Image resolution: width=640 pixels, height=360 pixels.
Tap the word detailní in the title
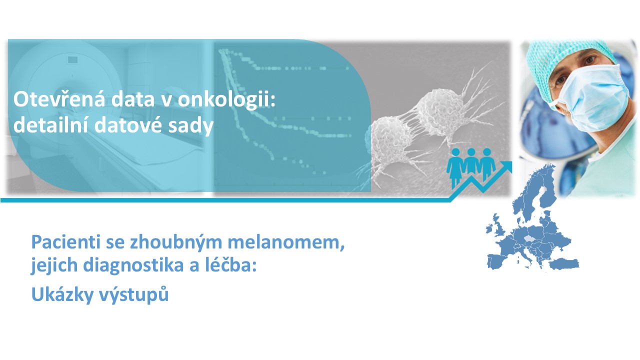pos(50,125)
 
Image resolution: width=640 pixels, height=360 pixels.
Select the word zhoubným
pos(176,242)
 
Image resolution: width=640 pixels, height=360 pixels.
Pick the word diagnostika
pos(133,265)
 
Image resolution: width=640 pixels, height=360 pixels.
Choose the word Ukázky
pos(62,294)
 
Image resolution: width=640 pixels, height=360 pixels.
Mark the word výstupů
pos(133,294)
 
